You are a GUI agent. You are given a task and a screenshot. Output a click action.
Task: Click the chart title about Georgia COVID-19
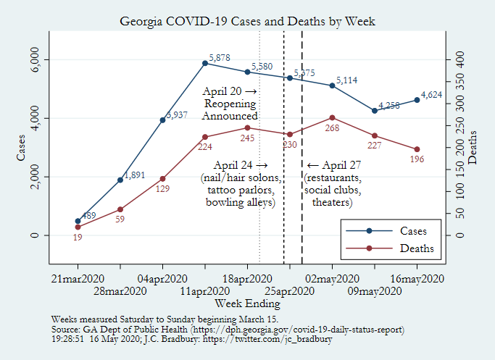[247, 21]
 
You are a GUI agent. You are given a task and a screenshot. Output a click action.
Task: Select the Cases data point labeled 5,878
[205, 63]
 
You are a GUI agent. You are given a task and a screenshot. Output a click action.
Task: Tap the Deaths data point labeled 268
[332, 117]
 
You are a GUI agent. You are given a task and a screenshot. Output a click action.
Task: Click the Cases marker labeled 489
[78, 221]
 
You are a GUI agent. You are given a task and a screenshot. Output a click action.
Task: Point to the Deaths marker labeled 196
[417, 149]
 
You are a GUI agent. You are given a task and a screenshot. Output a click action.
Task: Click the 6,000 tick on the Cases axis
[34, 59]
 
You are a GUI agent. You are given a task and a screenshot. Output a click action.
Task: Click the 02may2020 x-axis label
[332, 279]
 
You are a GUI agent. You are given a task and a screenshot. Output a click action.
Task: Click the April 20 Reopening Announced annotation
[230, 104]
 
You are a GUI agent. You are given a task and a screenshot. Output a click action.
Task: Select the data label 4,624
[433, 94]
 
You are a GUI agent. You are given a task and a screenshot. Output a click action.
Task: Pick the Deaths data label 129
[163, 189]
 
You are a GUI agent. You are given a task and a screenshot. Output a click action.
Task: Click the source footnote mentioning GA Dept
[228, 329]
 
